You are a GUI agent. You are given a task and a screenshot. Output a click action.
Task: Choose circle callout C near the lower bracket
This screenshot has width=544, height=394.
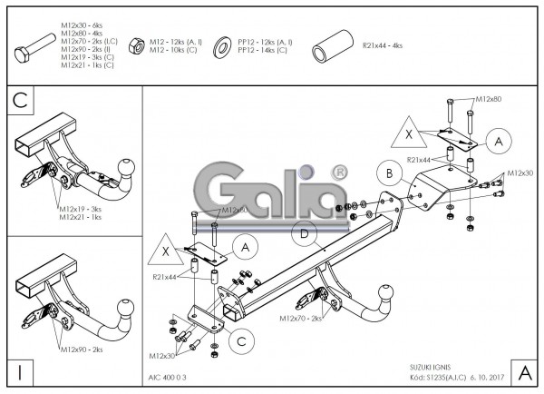(x=240, y=340)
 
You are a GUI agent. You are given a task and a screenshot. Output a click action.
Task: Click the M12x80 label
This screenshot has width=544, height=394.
(x=490, y=97)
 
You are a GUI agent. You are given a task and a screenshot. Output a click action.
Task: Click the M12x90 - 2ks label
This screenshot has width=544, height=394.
(x=81, y=349)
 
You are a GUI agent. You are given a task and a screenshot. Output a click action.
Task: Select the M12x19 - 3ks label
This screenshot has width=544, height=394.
(x=81, y=208)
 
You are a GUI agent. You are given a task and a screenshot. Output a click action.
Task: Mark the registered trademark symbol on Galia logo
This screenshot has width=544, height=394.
(x=339, y=171)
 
